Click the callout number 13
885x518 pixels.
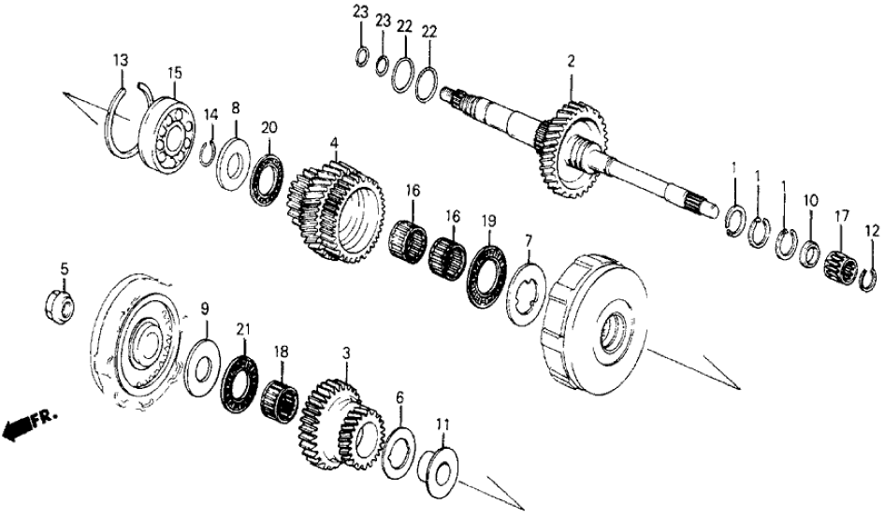121,61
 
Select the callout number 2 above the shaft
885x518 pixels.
571,63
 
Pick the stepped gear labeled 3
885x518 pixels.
341,422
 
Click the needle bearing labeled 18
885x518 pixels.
282,396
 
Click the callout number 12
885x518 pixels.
872,230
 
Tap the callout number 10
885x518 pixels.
811,199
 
